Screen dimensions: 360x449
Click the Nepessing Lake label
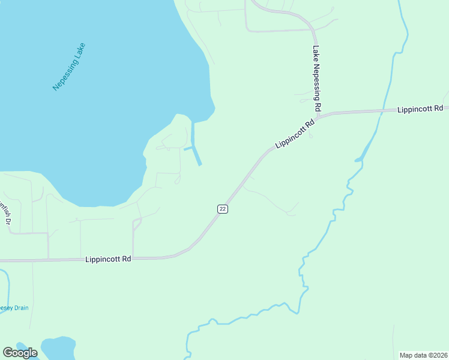pyautogui.click(x=69, y=67)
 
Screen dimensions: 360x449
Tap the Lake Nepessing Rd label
pyautogui.click(x=317, y=79)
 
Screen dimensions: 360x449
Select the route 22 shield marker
pyautogui.click(x=223, y=208)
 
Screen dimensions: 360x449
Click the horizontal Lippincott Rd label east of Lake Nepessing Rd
pyautogui.click(x=420, y=109)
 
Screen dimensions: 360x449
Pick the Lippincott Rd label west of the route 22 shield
pyautogui.click(x=108, y=259)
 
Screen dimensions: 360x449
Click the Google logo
pyautogui.click(x=20, y=353)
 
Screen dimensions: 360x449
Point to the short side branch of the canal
pyautogui.click(x=188, y=148)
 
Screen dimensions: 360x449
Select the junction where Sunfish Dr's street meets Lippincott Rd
pyautogui.click(x=49, y=260)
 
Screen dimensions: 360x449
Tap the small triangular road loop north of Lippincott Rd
pyautogui.click(x=136, y=224)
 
